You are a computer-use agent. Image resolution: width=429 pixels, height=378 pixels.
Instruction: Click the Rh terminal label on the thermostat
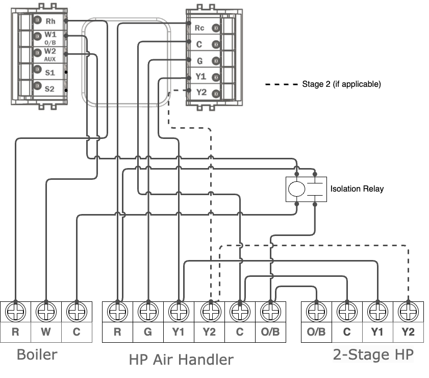[x=50, y=21]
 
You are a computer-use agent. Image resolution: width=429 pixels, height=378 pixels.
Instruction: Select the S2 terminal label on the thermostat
[x=49, y=89]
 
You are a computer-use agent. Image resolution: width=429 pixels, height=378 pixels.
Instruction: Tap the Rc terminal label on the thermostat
[x=200, y=28]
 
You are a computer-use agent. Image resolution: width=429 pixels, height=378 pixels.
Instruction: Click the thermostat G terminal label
[x=200, y=61]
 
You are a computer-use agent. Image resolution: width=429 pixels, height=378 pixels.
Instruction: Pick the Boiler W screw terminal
[x=46, y=311]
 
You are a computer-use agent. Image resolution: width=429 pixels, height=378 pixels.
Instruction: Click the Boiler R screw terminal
[x=15, y=311]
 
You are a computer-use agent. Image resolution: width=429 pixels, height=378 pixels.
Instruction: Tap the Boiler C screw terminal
[x=77, y=311]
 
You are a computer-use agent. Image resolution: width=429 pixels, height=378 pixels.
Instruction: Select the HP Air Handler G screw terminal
[x=148, y=311]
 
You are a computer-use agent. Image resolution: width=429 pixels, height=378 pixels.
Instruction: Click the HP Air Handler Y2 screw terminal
[x=209, y=311]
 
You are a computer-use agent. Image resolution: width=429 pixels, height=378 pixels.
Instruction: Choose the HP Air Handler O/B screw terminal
[x=270, y=311]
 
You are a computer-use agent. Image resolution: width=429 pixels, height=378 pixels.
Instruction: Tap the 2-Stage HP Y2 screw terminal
[x=408, y=311]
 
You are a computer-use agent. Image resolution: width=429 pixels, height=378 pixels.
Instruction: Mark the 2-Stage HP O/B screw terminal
[x=316, y=311]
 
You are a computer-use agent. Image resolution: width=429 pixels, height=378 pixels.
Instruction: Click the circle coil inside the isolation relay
[x=296, y=189]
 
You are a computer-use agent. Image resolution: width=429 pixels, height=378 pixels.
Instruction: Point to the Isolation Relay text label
[x=357, y=189]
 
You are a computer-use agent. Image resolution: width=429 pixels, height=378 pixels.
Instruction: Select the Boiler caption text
[x=37, y=355]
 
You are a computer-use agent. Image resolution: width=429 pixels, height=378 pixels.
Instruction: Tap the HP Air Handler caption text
[x=181, y=360]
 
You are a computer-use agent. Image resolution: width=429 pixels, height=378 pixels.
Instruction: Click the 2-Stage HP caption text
[x=373, y=355]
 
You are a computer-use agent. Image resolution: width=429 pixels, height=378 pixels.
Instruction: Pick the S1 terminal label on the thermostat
[x=49, y=73]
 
